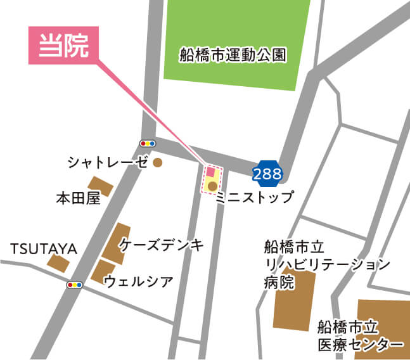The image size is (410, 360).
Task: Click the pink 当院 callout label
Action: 63,46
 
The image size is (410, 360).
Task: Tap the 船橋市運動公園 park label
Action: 233,55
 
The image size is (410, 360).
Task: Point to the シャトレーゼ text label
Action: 108,163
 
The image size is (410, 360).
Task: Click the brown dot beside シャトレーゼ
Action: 158,163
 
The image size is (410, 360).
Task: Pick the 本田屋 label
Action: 78,199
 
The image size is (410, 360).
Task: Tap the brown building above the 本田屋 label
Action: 104,187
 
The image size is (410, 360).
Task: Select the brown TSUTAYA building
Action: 59,264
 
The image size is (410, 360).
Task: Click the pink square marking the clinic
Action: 210,172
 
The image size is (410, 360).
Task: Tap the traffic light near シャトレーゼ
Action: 147,144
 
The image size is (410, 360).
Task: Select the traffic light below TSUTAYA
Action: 75,285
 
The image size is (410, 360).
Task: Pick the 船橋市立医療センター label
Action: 360,336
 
